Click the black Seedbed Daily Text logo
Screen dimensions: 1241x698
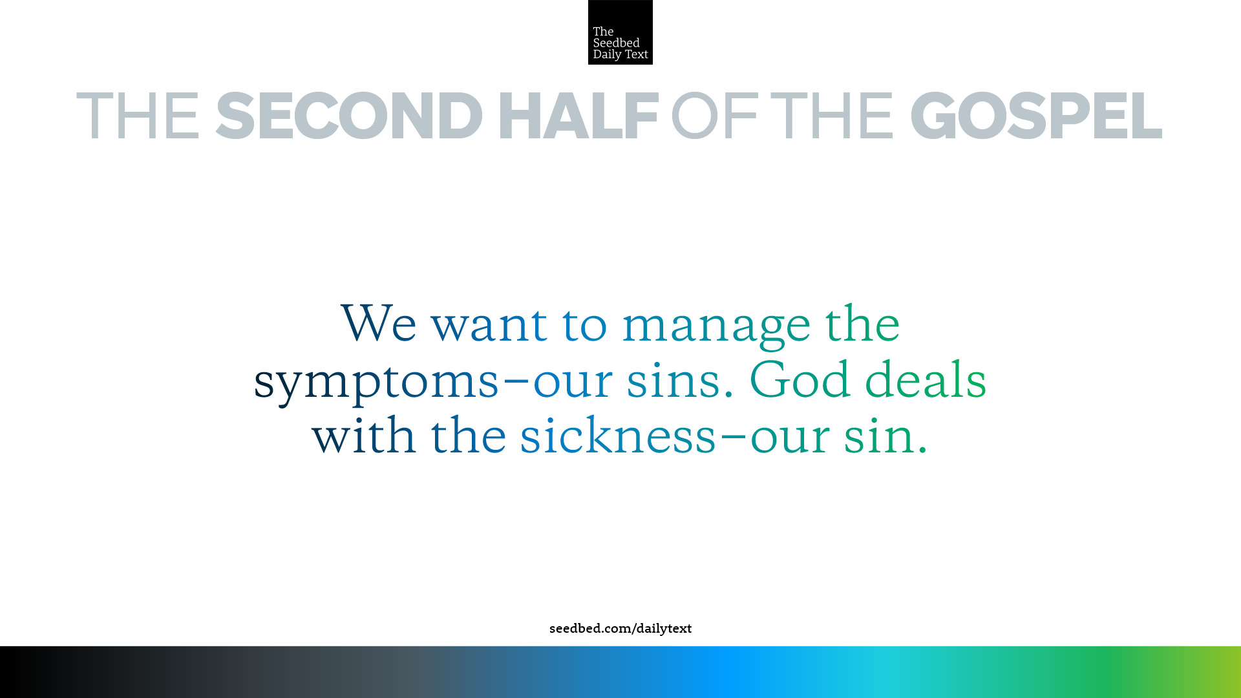click(x=620, y=32)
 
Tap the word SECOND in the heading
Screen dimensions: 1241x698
click(x=349, y=116)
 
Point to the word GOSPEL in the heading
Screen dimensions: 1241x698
click(x=1036, y=116)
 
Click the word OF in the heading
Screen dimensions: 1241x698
click(x=714, y=116)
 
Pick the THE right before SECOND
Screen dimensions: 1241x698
click(x=138, y=116)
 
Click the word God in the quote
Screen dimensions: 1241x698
click(x=800, y=379)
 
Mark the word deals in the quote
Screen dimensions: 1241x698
click(x=926, y=379)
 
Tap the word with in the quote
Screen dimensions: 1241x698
click(x=364, y=435)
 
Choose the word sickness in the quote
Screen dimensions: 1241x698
click(x=619, y=435)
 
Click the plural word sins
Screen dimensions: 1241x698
click(x=674, y=381)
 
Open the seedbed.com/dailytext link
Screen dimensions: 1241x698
click(x=620, y=629)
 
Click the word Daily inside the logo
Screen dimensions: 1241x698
click(x=607, y=55)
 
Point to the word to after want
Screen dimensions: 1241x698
click(x=584, y=325)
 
